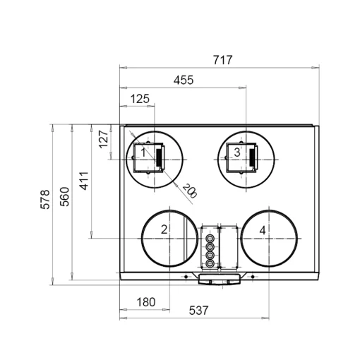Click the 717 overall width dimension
click(222, 60)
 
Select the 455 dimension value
click(184, 80)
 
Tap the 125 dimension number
click(140, 99)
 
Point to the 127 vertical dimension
click(104, 139)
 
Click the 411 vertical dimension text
click(84, 181)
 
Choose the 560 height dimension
click(64, 197)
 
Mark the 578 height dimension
click(45, 199)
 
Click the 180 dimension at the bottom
click(146, 302)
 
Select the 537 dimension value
click(198, 311)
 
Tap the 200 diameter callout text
click(190, 191)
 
